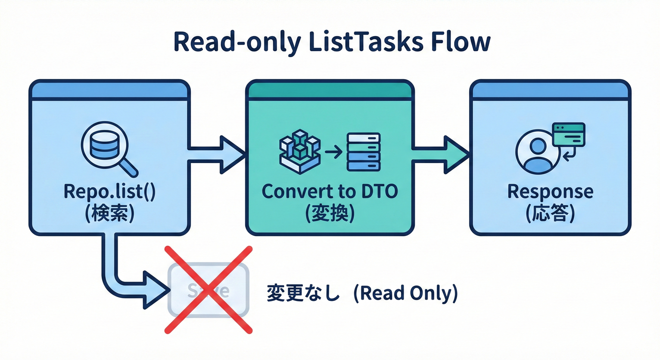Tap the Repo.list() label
coord(109,192)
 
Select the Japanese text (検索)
coord(109,213)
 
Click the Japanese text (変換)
coord(330,213)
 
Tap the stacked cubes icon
coord(300,150)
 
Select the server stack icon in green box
coord(363,151)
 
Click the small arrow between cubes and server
coord(332,151)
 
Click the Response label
coord(550,191)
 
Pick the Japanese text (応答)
coord(550,213)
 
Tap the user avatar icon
coord(537,153)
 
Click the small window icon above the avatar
coord(569,135)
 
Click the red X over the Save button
coord(208,289)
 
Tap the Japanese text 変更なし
coord(302,293)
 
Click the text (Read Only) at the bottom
coord(404,293)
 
